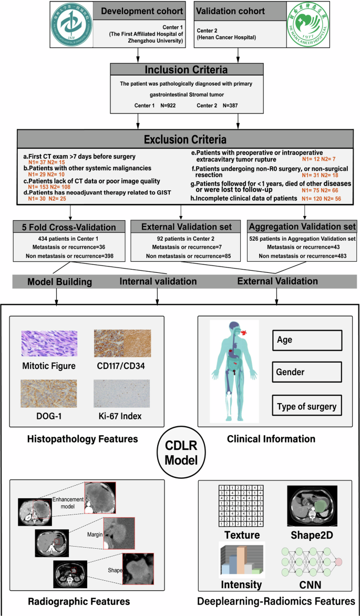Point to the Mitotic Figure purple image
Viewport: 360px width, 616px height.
[x=49, y=344]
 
